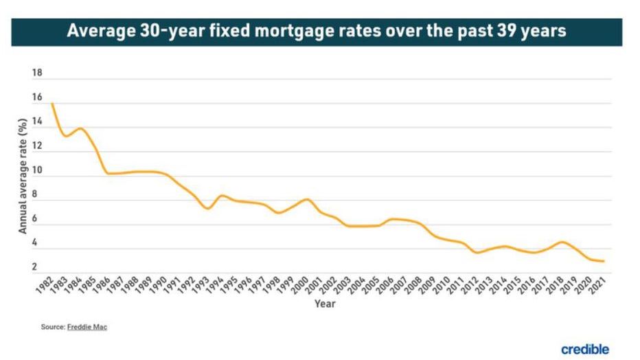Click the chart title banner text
(317, 32)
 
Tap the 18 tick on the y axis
(37, 72)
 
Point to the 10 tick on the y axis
(37, 170)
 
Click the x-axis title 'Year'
(325, 304)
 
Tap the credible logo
(585, 349)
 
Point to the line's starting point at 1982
(52, 104)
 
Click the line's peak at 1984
(80, 128)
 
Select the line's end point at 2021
(603, 261)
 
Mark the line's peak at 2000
(306, 199)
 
